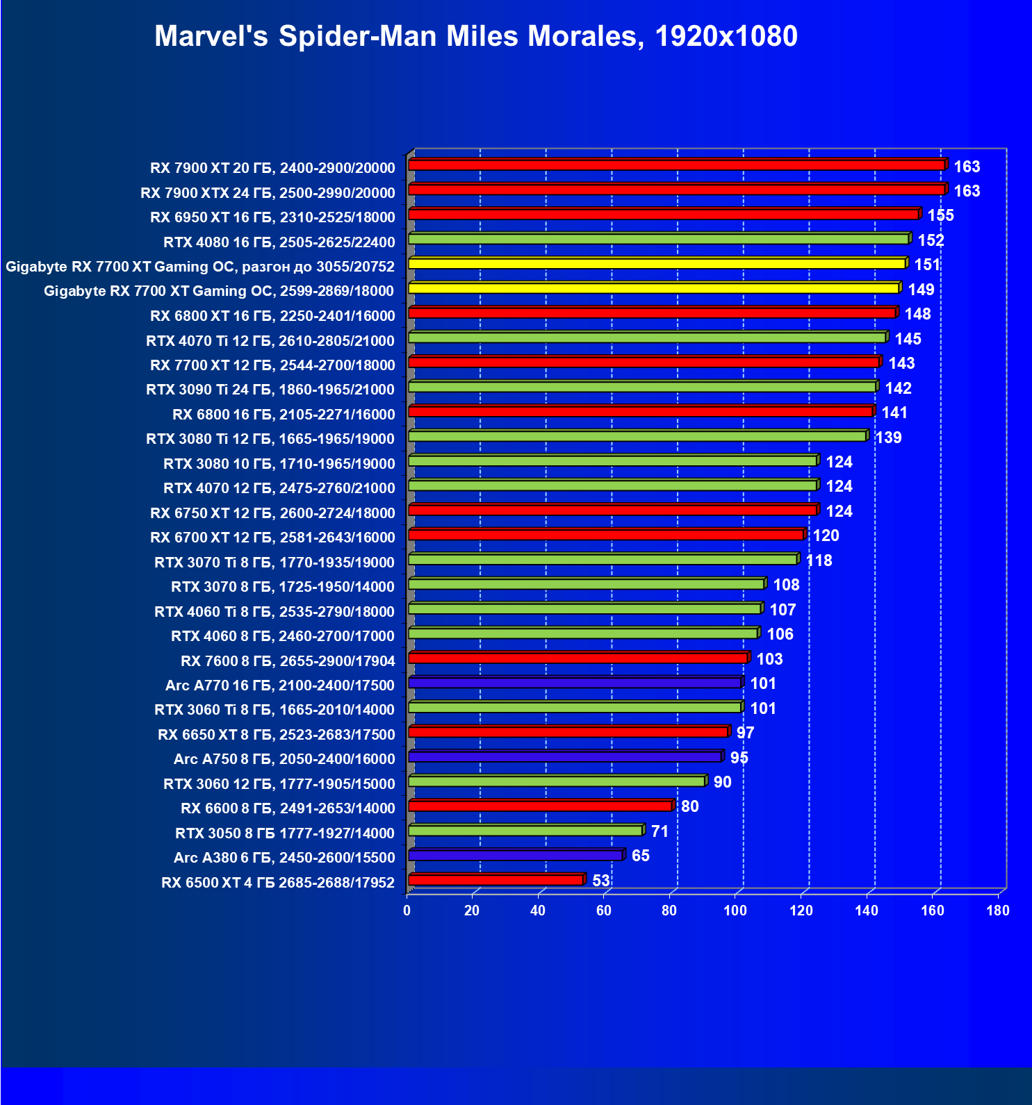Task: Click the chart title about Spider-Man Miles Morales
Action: click(476, 36)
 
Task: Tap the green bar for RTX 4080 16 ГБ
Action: click(658, 239)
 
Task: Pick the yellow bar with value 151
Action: click(657, 264)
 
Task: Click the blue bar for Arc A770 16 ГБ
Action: click(575, 683)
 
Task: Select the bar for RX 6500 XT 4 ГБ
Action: click(495, 881)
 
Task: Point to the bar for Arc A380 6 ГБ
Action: click(516, 856)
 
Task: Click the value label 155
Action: click(941, 215)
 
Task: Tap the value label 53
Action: click(601, 881)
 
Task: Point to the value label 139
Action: click(889, 438)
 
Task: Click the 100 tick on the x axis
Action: click(735, 911)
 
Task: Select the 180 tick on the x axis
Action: click(998, 911)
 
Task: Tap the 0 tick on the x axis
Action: click(407, 911)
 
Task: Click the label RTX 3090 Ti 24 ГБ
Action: click(270, 390)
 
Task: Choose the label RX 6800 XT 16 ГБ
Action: click(272, 316)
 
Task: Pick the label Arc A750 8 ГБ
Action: click(284, 759)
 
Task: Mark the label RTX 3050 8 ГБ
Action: click(285, 833)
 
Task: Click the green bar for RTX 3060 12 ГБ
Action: click(557, 782)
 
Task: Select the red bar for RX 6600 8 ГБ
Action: click(540, 806)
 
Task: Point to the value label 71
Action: click(660, 831)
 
